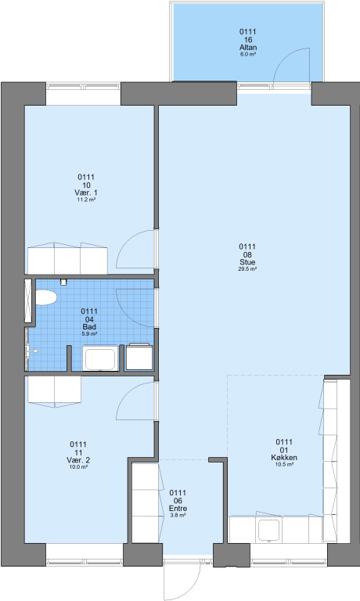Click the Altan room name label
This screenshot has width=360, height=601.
pos(247,48)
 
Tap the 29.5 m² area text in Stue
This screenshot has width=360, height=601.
pos(247,269)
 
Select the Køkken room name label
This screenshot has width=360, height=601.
pos(284,458)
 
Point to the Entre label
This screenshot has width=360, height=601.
pos(178,509)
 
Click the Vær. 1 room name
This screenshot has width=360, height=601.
pos(86,193)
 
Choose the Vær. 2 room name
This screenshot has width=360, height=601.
pos(78,460)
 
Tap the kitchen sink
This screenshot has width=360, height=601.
pos(268,530)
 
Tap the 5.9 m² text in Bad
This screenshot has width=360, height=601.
pos(89,334)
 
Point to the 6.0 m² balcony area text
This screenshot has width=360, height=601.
pos(247,55)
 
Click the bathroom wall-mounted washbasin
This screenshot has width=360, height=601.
pos(31,351)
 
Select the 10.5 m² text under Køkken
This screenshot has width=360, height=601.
pos(284,465)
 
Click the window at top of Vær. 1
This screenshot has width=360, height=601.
pos(84,86)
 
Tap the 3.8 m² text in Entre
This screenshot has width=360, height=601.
pos(178,516)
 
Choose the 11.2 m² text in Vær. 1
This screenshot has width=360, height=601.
pos(86,200)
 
